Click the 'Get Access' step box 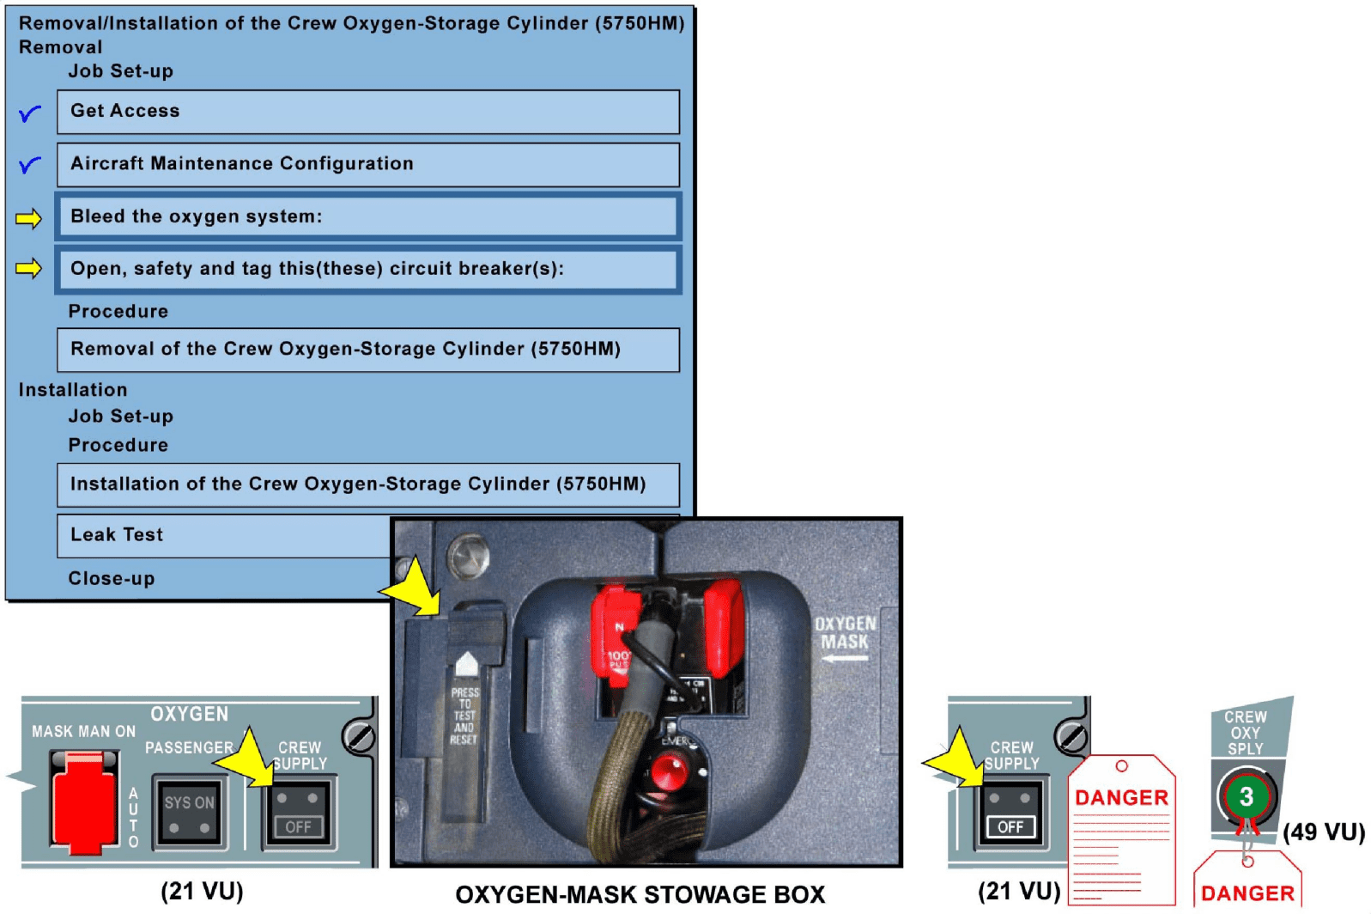[x=367, y=112]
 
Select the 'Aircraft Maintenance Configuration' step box [x=367, y=164]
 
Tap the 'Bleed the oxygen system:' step [x=367, y=216]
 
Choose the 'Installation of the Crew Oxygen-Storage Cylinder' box [x=367, y=484]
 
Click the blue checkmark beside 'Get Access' [x=29, y=113]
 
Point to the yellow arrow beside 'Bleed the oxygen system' [x=28, y=218]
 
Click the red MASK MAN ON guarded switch [x=83, y=801]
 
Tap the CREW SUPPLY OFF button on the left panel [x=297, y=812]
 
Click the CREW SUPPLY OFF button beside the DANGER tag [x=1010, y=813]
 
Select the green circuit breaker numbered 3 [x=1246, y=796]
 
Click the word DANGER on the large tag [x=1121, y=798]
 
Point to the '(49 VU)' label [x=1323, y=832]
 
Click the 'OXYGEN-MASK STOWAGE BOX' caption [x=640, y=894]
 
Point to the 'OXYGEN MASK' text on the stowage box [x=845, y=633]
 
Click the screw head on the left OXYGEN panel [x=357, y=736]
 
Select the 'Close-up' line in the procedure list [x=112, y=579]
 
